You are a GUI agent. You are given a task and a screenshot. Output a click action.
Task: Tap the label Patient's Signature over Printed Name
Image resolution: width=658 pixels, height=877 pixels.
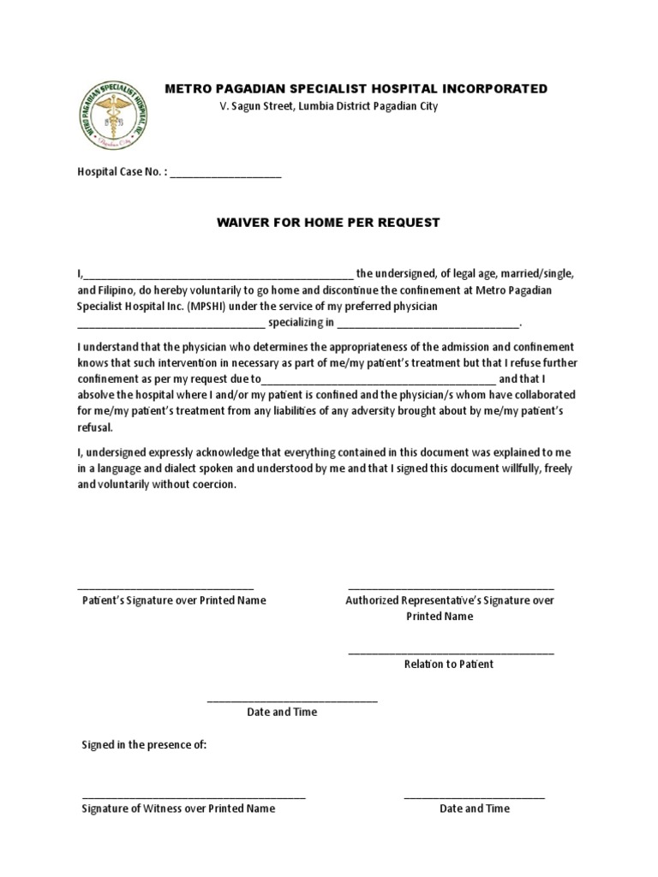pos(174,600)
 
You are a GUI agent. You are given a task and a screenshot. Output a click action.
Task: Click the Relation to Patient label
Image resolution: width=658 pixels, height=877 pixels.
pos(449,664)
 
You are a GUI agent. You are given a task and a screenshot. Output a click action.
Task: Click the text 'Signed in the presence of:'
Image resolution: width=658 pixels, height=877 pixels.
pos(144,744)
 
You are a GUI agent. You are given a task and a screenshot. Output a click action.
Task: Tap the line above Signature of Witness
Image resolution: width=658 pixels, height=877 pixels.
pos(194,797)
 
